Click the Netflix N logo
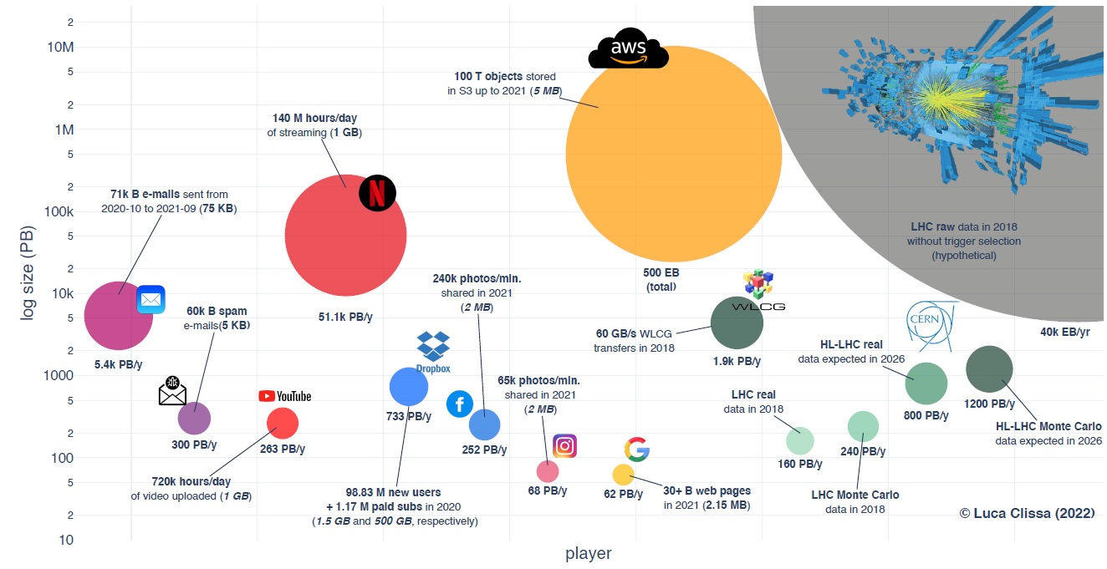(377, 194)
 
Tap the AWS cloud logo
(628, 52)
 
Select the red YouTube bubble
(282, 424)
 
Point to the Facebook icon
(459, 404)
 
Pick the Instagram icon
(565, 446)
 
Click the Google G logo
(636, 449)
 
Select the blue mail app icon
(150, 299)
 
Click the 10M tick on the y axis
(62, 47)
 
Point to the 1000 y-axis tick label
(59, 375)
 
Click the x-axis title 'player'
(588, 553)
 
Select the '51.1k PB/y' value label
(345, 318)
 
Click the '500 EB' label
(661, 273)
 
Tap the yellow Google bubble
(624, 475)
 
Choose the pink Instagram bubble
(547, 471)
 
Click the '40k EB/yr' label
(1065, 332)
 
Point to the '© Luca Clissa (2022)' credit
(1027, 513)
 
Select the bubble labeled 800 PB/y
(926, 384)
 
